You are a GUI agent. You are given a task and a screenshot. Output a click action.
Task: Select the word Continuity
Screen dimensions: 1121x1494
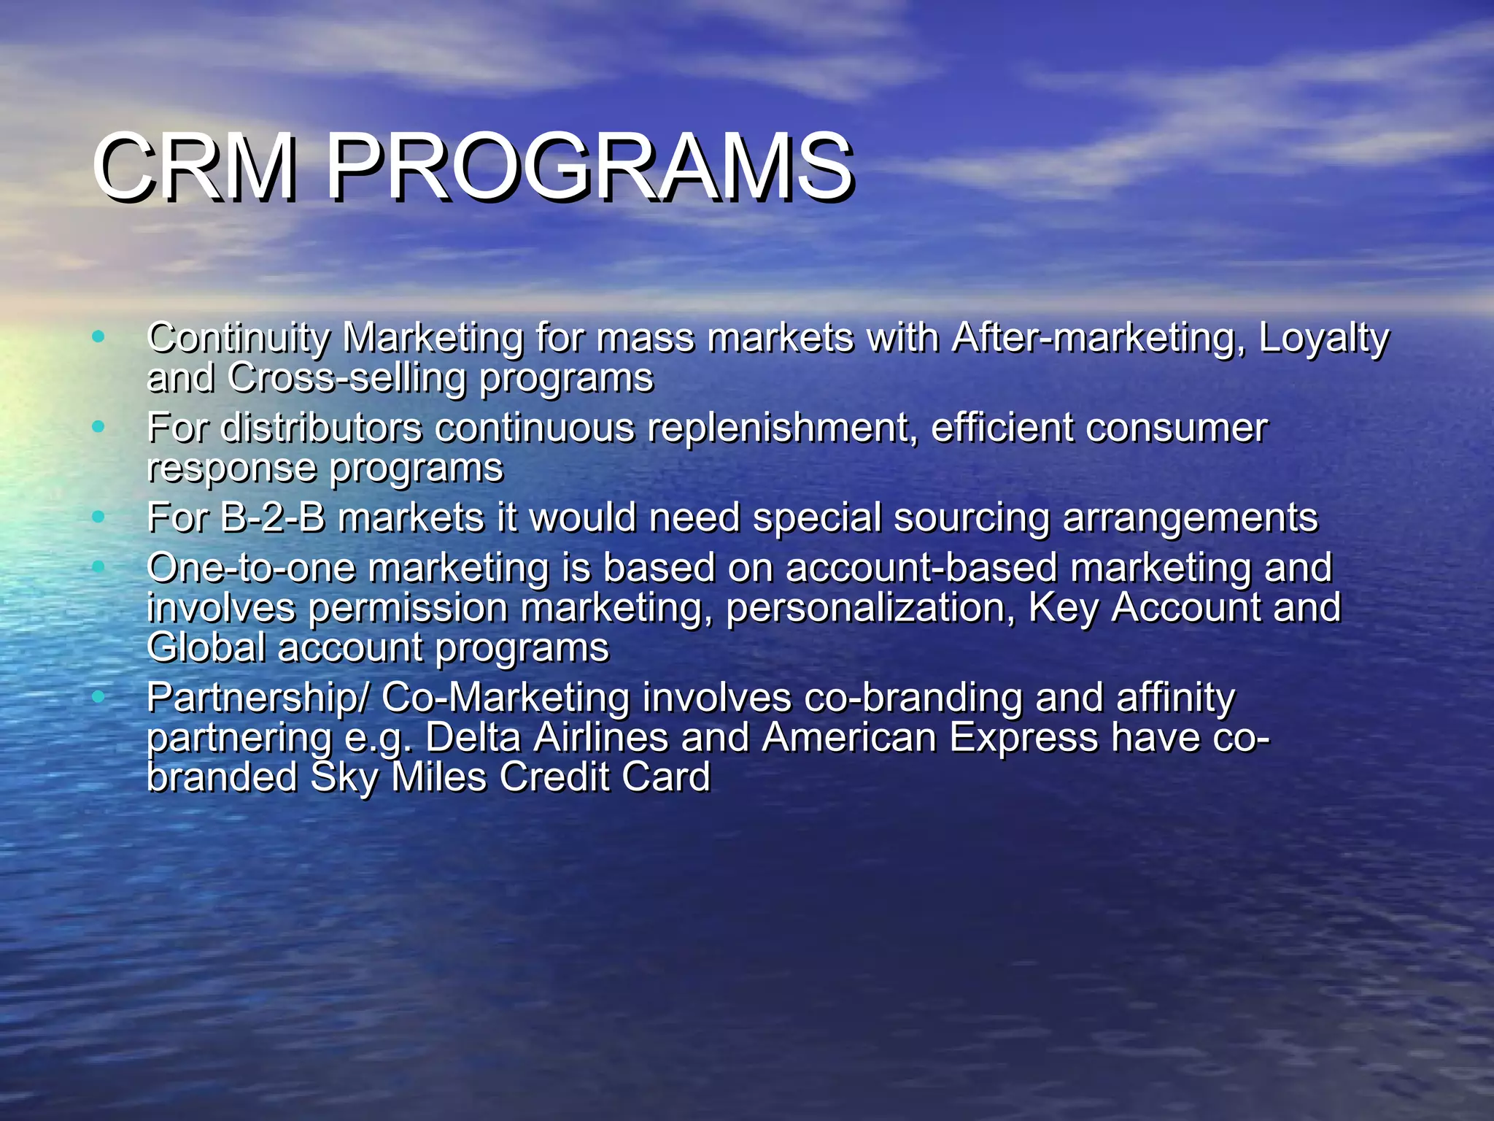[x=239, y=339]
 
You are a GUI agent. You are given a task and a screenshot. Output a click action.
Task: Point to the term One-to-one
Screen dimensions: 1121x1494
[x=251, y=568]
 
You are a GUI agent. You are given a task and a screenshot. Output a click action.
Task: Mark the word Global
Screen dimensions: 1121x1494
[x=206, y=647]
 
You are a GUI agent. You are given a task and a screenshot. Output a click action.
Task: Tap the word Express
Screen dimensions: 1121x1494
[x=1023, y=739]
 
